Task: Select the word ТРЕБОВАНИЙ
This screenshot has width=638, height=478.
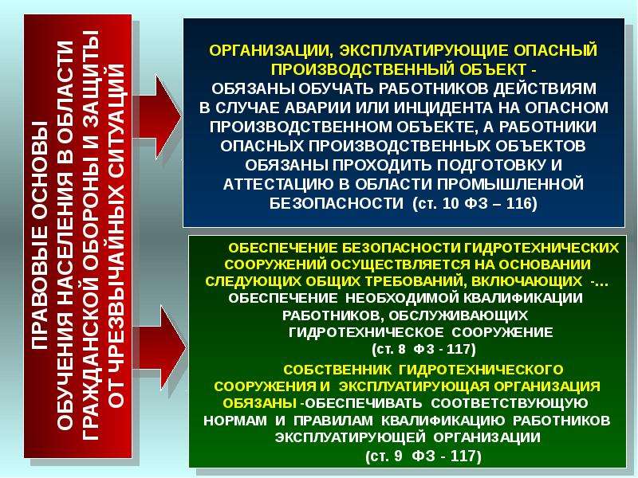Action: coord(412,281)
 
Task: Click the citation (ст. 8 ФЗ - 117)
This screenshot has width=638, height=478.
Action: coord(423,349)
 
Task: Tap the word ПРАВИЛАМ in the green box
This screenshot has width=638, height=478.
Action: coord(333,421)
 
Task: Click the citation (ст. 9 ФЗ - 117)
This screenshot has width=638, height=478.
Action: coord(423,456)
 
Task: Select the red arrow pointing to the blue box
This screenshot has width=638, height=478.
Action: coord(157,116)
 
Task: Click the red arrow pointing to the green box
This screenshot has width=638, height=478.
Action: coord(159,348)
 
